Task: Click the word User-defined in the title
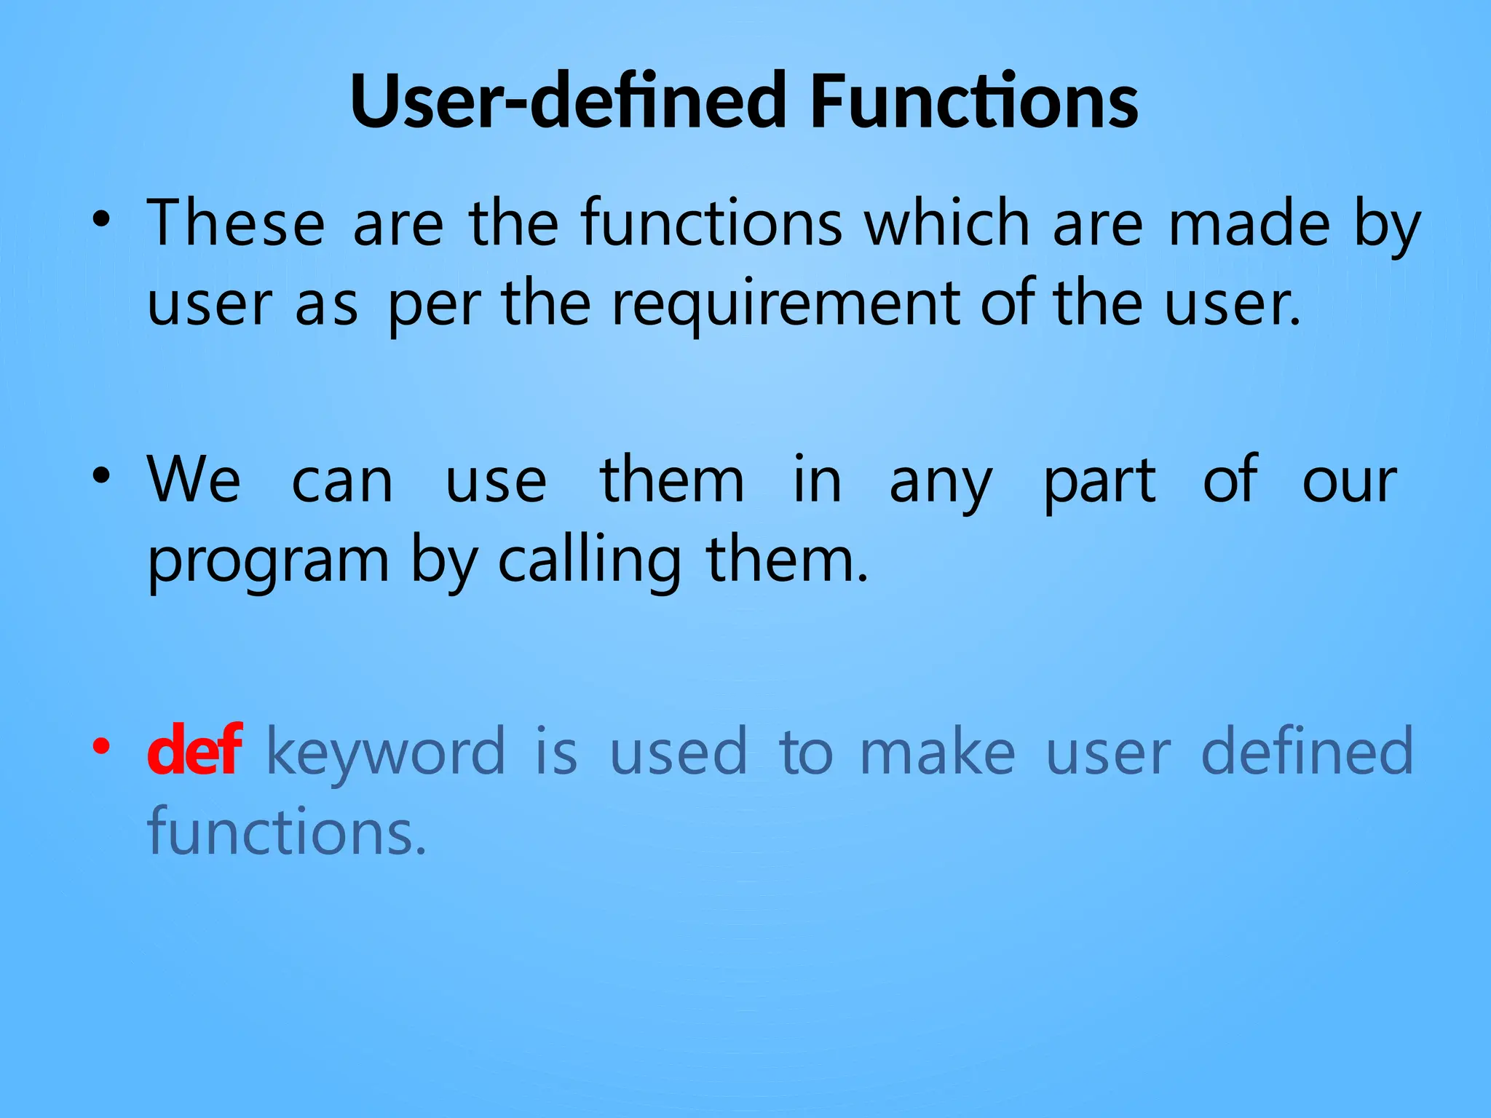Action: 568,101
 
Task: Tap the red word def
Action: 194,751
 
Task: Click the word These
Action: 236,223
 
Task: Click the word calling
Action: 590,562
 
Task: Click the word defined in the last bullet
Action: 1307,751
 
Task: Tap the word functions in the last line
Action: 287,831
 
